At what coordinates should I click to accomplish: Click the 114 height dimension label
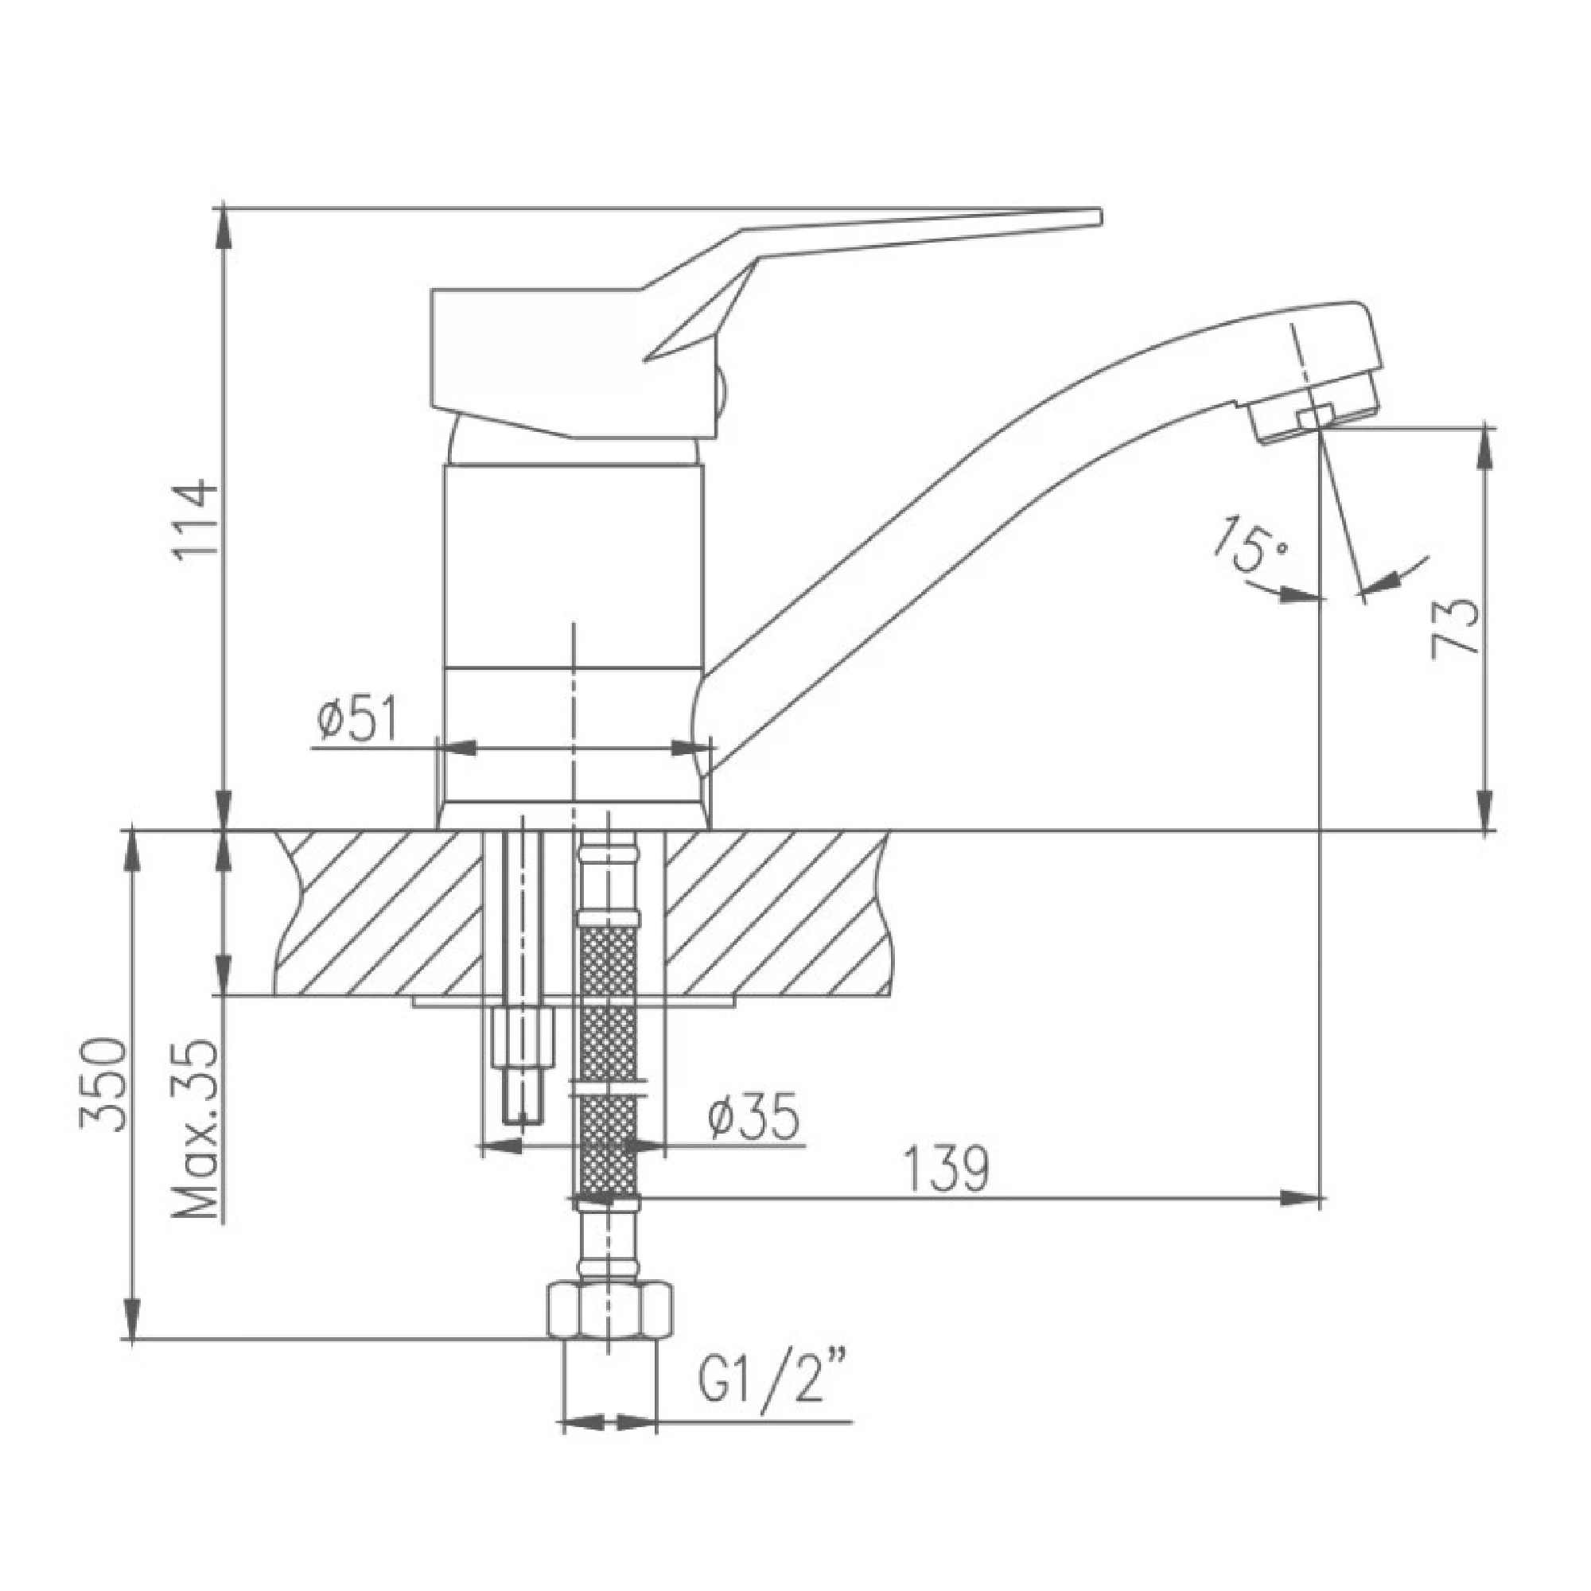198,521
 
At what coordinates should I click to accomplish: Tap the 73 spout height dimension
1455,628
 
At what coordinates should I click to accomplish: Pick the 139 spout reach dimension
945,1168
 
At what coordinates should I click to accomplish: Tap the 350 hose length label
107,1084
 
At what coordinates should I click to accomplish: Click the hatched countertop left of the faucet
379,914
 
